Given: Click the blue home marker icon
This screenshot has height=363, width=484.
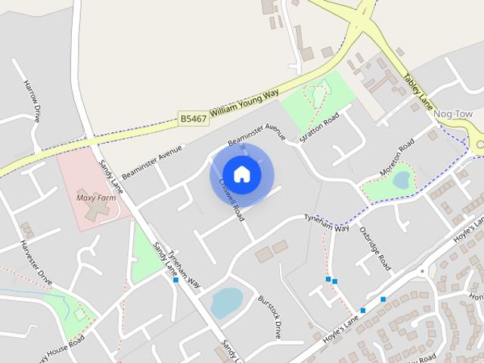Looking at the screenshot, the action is point(241,175).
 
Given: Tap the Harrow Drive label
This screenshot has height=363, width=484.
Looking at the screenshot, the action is point(31,101).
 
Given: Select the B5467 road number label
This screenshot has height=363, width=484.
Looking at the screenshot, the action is point(194,119).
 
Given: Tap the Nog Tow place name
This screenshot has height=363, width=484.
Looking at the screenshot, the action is point(454,114).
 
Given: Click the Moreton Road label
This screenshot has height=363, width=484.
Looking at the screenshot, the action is point(396,156).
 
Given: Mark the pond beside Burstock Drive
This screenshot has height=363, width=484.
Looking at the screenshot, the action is point(225,302).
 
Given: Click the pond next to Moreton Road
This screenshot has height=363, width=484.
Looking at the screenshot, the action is point(401,179).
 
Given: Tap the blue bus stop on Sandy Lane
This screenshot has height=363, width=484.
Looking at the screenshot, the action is point(175,280).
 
